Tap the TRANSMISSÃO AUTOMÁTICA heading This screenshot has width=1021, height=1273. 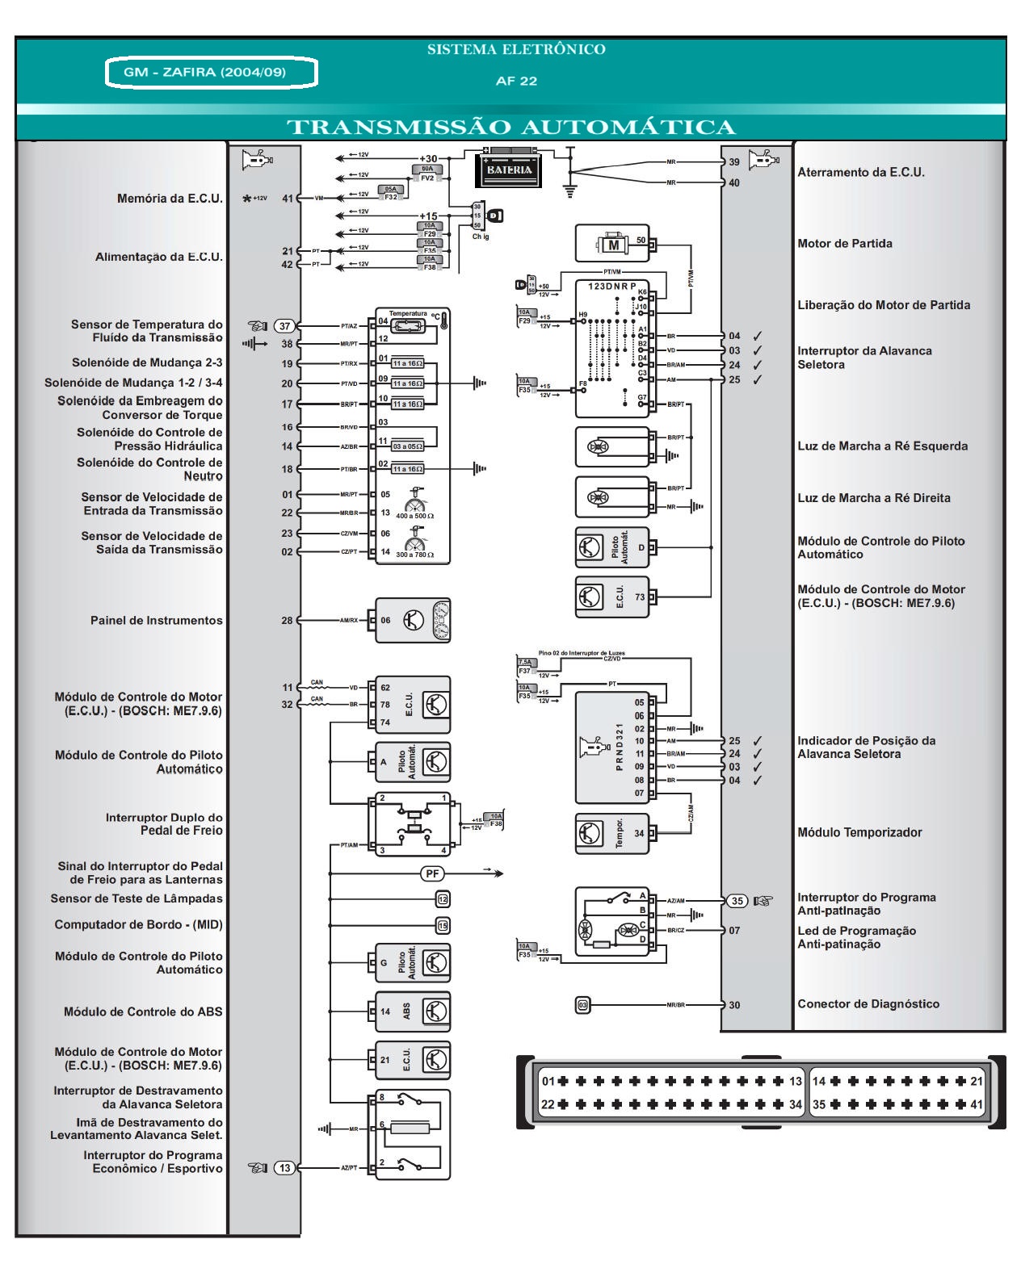(x=511, y=128)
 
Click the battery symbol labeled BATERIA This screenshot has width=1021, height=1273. (x=509, y=169)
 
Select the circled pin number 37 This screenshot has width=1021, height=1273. (x=284, y=326)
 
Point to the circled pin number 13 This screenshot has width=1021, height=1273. (x=285, y=1168)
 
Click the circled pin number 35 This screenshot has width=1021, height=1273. (x=736, y=901)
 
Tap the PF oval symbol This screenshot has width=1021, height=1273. (x=432, y=873)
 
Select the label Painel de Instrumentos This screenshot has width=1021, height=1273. (x=156, y=621)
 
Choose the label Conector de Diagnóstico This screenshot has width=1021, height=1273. (x=868, y=1004)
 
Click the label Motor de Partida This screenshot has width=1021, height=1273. (x=845, y=244)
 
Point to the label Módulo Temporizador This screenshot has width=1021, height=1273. (x=859, y=833)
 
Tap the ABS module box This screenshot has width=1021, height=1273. (x=412, y=1011)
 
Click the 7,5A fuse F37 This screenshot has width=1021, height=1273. (x=524, y=667)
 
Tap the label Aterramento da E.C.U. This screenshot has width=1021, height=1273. (x=861, y=173)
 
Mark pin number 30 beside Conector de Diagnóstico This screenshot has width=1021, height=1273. (x=734, y=1005)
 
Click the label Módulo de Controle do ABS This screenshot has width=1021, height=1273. (x=143, y=1012)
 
